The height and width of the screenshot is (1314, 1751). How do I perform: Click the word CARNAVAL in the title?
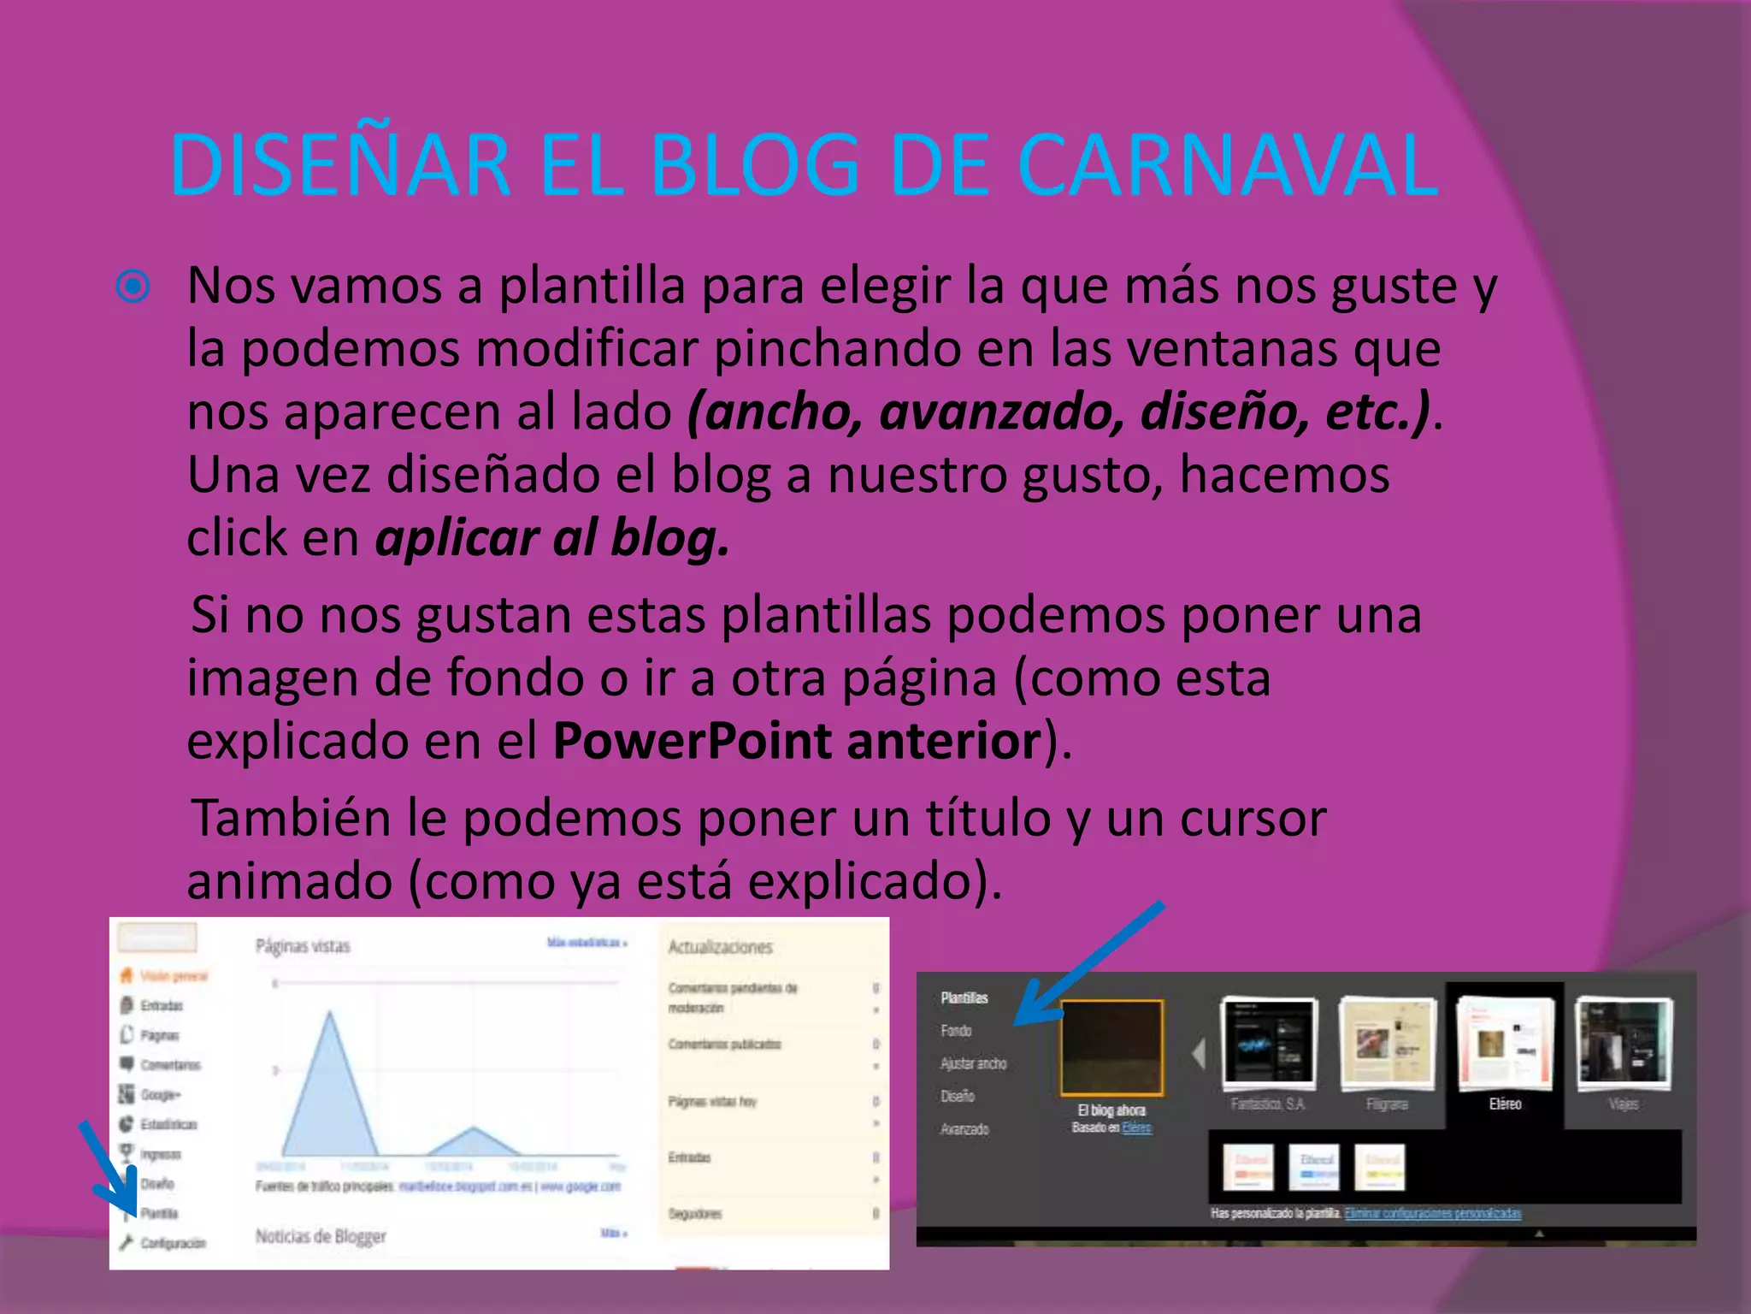pos(1228,165)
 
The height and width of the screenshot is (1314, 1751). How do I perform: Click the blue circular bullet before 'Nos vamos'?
pos(133,287)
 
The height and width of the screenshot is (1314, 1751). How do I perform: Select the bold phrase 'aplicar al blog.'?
pos(552,539)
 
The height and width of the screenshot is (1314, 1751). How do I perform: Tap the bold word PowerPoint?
pos(691,741)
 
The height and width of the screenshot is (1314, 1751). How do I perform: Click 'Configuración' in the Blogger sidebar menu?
pos(173,1243)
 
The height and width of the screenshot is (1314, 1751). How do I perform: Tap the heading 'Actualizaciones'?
pos(720,947)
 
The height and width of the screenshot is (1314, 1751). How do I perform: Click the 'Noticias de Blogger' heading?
pos(321,1236)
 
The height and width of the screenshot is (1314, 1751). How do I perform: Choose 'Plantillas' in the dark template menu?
pos(964,997)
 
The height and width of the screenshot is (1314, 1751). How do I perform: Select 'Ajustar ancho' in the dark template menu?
pos(973,1063)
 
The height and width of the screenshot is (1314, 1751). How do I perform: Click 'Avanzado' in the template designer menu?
pos(964,1129)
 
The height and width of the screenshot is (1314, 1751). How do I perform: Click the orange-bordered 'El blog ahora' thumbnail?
pos(1111,1048)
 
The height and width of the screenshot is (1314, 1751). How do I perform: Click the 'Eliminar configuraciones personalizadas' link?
pos(1432,1213)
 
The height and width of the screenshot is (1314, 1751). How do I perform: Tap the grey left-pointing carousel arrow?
pos(1199,1053)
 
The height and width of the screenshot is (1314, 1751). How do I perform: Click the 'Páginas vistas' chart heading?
pos(303,946)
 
